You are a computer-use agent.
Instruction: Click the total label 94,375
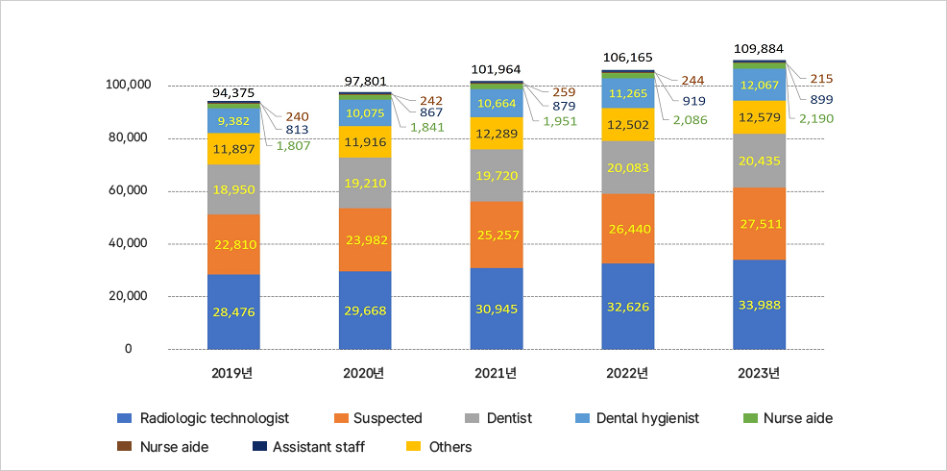pos(233,93)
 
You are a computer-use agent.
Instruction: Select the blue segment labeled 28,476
pos(233,312)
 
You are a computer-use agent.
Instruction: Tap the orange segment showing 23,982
pos(365,240)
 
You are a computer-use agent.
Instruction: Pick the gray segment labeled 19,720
pos(497,175)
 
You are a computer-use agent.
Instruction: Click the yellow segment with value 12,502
pos(628,124)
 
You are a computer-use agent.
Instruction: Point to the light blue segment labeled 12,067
pos(759,85)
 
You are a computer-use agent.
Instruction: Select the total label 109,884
pos(759,48)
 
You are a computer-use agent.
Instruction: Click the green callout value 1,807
pos(293,146)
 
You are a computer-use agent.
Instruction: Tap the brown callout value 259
pos(565,92)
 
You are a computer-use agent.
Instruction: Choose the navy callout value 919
pos(693,101)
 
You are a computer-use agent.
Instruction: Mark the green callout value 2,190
pos(815,118)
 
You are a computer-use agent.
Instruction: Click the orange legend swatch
pos(341,418)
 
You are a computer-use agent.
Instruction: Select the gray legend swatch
pos(472,418)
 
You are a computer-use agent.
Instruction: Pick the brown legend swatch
pos(124,446)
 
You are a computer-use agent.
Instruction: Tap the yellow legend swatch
pos(413,446)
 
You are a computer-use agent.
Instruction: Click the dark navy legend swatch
pos(259,446)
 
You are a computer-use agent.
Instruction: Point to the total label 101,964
pos(497,70)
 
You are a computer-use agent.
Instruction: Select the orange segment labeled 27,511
pos(759,224)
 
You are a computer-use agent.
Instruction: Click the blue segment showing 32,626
pos(628,307)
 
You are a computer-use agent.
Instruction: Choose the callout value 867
pos(430,112)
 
